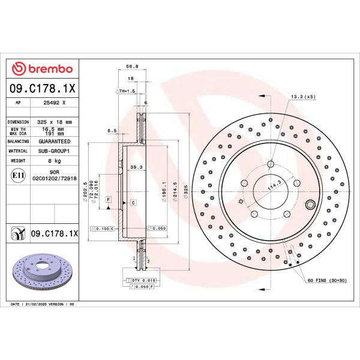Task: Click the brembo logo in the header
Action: (x=42, y=68)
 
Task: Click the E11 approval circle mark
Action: (x=18, y=175)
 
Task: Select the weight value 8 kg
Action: (x=55, y=161)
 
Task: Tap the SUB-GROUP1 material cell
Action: (x=54, y=151)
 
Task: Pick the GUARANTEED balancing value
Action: (x=55, y=142)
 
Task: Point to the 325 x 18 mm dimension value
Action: (x=55, y=122)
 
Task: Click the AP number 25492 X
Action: (x=55, y=103)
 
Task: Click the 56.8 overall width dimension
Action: (x=132, y=67)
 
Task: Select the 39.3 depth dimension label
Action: (x=136, y=167)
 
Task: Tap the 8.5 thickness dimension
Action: (x=112, y=131)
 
